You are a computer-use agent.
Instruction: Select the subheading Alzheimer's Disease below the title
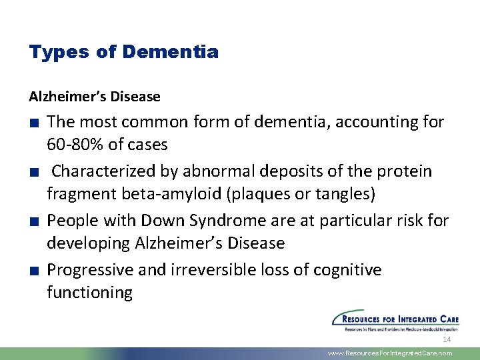pyautogui.click(x=95, y=97)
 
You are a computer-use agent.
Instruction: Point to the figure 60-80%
pyautogui.click(x=75, y=144)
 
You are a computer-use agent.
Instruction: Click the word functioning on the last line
pyautogui.click(x=89, y=293)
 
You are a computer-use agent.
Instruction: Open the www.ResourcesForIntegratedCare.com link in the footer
pyautogui.click(x=390, y=353)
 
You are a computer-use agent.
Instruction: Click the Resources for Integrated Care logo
pyautogui.click(x=395, y=321)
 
